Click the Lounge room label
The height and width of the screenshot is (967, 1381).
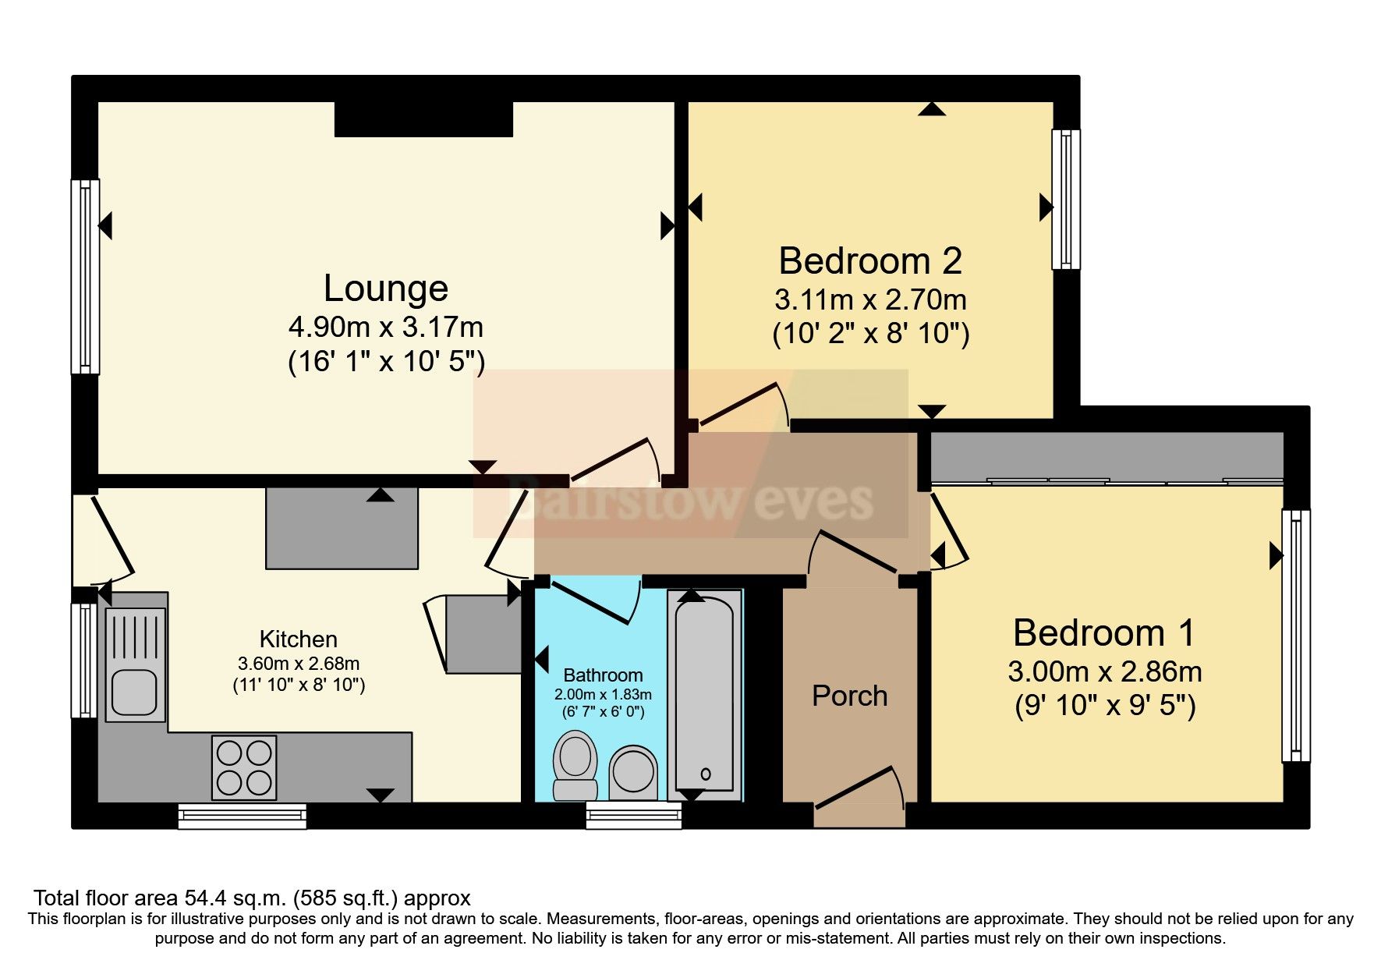[386, 289]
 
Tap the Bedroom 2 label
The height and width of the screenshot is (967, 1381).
[870, 260]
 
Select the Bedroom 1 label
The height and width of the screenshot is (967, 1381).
[1104, 632]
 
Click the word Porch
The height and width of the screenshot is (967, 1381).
[850, 696]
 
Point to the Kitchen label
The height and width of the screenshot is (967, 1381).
[299, 639]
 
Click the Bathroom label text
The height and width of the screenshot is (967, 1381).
[603, 675]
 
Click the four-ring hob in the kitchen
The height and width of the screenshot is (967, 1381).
[244, 768]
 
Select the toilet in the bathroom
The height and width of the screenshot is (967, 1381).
[575, 765]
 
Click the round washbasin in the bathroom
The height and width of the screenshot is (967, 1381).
[633, 772]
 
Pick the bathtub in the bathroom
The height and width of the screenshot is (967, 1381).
[705, 695]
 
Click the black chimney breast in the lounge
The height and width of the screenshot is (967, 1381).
[423, 119]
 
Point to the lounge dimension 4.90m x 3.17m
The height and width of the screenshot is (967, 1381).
[386, 327]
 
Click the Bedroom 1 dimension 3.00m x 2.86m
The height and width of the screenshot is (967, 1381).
[1104, 671]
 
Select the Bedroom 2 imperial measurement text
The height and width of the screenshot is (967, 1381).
[870, 334]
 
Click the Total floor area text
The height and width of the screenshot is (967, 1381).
[252, 898]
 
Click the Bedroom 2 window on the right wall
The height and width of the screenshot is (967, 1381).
[1066, 200]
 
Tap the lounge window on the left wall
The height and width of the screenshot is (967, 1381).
[85, 277]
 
